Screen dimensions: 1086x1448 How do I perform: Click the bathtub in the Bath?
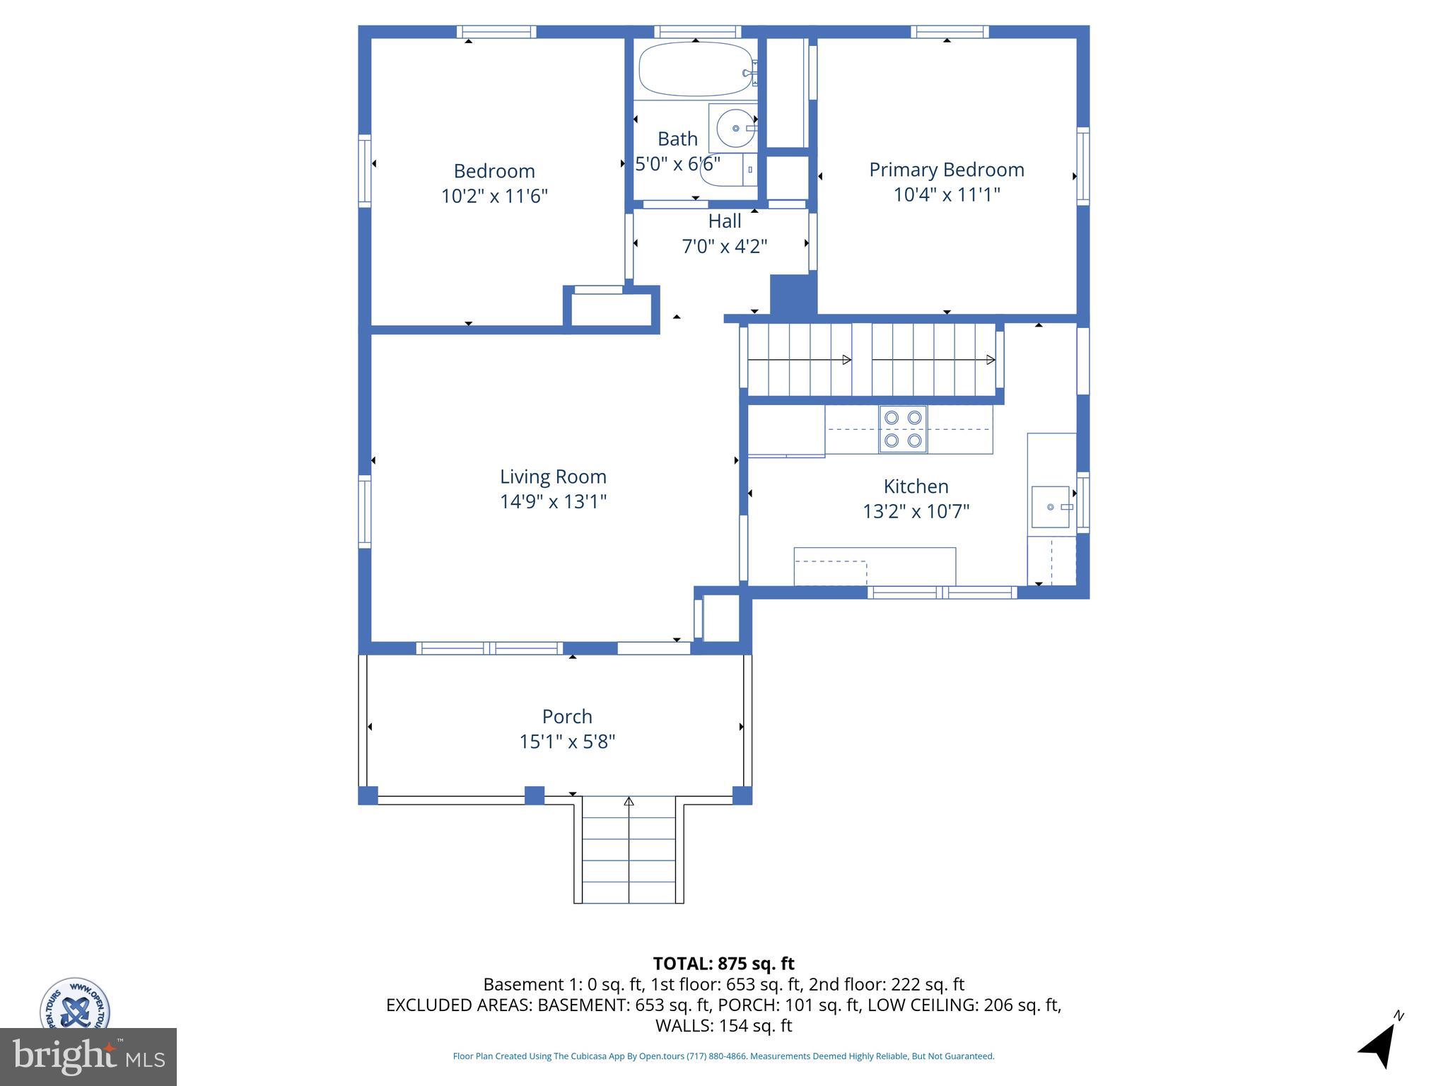696,69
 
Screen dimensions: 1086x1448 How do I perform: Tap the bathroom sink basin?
735,128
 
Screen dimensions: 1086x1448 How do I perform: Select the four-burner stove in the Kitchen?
903,429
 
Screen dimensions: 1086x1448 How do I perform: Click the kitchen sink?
1051,507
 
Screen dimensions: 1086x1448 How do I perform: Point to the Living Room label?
553,477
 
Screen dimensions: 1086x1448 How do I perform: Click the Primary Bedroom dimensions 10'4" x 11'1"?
946,194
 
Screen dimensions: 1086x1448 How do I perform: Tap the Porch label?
567,716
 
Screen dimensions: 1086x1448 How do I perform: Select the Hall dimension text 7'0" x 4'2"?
724,246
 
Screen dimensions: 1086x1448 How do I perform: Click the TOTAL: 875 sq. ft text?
723,964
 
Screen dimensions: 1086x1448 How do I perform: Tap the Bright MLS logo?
88,1056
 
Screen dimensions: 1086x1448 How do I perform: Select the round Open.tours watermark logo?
74,1004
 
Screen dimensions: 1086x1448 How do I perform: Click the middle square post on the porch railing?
535,795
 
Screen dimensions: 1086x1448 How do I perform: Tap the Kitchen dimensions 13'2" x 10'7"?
916,511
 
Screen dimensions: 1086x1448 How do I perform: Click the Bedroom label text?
494,171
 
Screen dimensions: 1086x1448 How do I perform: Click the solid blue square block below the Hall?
793,294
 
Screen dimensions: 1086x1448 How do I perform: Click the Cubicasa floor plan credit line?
723,1056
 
